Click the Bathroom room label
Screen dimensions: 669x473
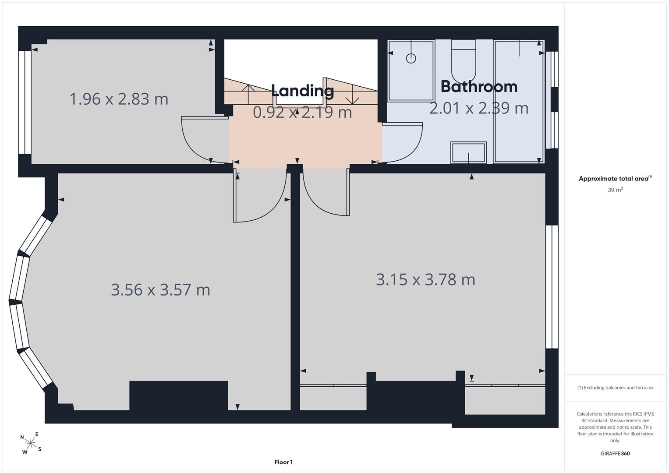click(479, 87)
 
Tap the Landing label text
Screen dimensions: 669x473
click(303, 91)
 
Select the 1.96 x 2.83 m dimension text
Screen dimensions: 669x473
click(119, 99)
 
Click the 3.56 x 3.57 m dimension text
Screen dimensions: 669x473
click(161, 289)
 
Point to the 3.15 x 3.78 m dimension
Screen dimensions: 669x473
click(425, 279)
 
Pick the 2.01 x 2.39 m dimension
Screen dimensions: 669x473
click(479, 108)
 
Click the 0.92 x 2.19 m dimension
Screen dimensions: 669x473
click(303, 112)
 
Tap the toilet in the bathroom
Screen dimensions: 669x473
click(463, 61)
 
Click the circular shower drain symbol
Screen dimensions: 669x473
click(411, 58)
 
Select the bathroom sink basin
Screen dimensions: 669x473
click(468, 152)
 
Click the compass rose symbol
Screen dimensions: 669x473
click(31, 443)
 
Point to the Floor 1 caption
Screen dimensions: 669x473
click(283, 462)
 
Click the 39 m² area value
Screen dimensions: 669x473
click(615, 190)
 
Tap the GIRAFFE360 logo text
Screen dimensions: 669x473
click(615, 453)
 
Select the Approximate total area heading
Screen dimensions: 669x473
click(615, 179)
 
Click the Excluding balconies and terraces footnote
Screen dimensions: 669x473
click(615, 388)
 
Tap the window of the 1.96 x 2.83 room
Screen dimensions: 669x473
click(25, 102)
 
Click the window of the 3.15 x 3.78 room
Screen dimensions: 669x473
click(552, 287)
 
